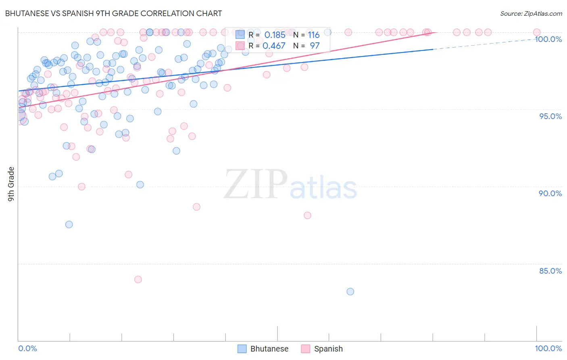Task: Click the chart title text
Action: [113, 13]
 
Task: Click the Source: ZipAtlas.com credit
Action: [531, 13]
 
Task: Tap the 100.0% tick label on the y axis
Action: [548, 39]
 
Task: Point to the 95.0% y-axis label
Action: [550, 116]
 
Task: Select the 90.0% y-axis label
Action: [550, 193]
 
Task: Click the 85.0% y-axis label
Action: [550, 271]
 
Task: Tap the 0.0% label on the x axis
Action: [27, 348]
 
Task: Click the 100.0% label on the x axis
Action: [548, 348]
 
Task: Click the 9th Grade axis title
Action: [11, 184]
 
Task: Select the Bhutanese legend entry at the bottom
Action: [263, 349]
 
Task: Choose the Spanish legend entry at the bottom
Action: [322, 349]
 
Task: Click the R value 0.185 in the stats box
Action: [275, 35]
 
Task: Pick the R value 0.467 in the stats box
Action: [274, 46]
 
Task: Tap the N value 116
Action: [314, 35]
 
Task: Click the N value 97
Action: [315, 46]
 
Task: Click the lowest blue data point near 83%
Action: [350, 291]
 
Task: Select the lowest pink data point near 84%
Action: [138, 279]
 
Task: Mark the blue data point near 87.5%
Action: [69, 224]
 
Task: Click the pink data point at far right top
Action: [537, 32]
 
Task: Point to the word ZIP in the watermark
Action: [256, 184]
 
